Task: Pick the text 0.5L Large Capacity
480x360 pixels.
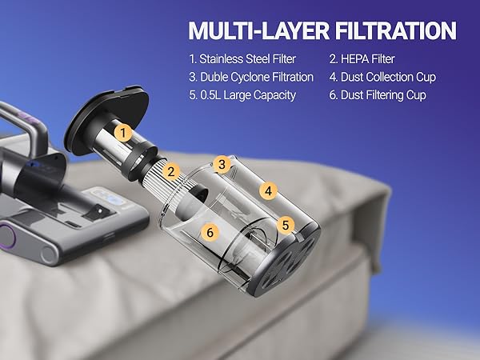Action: [x=240, y=95]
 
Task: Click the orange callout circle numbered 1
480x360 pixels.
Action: [x=122, y=132]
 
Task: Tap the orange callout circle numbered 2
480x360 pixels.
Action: [x=170, y=171]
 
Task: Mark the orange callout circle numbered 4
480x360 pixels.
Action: [x=270, y=191]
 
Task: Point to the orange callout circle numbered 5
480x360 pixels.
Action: [x=286, y=225]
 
